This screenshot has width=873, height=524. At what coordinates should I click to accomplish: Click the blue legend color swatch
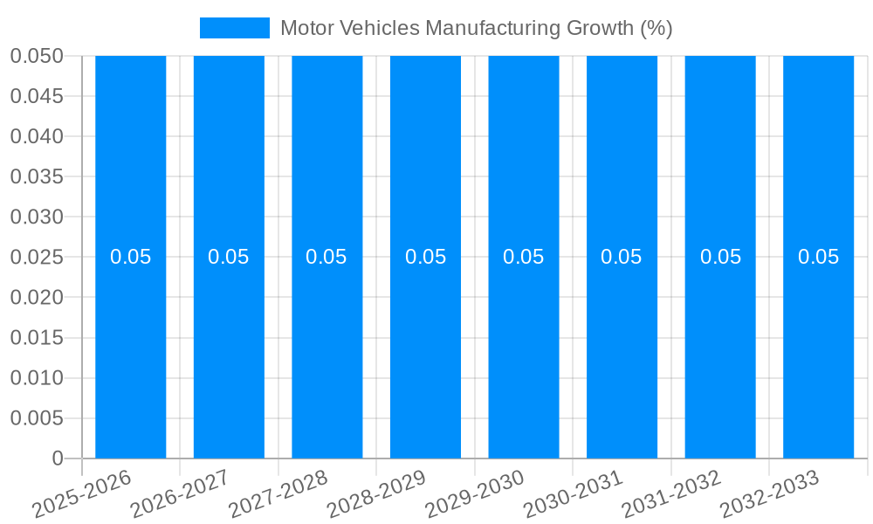tap(234, 28)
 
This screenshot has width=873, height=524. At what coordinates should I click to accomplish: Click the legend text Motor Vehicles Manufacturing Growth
tap(476, 28)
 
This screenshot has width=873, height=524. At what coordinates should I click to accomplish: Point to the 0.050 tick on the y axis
tap(37, 56)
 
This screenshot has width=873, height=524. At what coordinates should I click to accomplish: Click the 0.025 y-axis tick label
tap(37, 258)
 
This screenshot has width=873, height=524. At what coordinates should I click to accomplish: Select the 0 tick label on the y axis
tap(58, 458)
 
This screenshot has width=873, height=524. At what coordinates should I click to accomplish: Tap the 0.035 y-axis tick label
tap(37, 177)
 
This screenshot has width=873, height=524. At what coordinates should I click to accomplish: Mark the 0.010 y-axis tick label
tap(37, 378)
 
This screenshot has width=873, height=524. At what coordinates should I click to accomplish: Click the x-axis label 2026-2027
tap(179, 494)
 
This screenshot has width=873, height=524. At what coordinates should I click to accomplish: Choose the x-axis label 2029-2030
tap(474, 494)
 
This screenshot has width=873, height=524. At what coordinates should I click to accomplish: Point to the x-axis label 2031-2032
tap(670, 494)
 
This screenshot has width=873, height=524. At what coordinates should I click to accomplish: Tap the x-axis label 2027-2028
tap(278, 494)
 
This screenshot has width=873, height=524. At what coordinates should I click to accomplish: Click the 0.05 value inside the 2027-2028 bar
tap(327, 257)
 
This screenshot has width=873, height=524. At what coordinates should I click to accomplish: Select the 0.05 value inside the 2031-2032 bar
tap(720, 257)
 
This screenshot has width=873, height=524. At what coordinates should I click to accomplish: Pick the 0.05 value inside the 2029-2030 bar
tap(524, 257)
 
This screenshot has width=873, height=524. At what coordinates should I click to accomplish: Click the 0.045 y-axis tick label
tap(37, 96)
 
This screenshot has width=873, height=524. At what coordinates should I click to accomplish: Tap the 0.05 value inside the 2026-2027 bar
tap(229, 257)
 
